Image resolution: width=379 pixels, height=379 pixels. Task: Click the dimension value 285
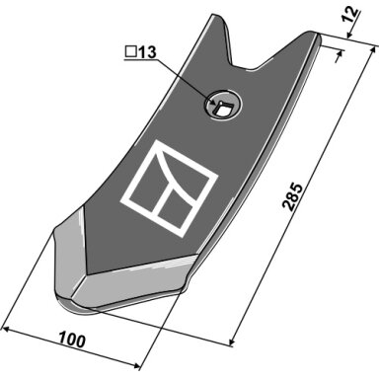tap(292, 196)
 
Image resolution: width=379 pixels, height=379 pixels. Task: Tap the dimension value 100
tap(72, 340)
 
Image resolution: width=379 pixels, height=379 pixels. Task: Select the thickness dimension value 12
tap(350, 15)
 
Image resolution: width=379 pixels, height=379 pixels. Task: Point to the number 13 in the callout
tap(147, 52)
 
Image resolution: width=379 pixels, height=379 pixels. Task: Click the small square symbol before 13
tap(130, 52)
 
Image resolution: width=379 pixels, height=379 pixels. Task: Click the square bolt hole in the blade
tap(222, 107)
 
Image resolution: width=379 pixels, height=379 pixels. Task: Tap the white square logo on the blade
tap(170, 188)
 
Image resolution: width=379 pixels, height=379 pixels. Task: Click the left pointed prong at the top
tap(219, 27)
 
